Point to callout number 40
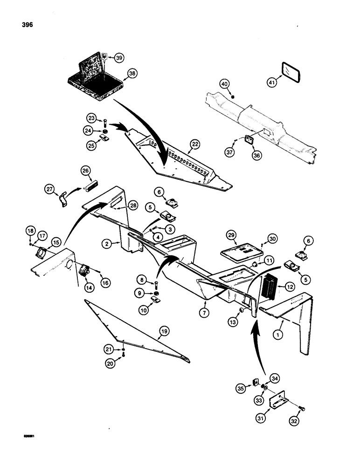coord(225,84)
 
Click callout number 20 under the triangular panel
coord(111,365)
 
